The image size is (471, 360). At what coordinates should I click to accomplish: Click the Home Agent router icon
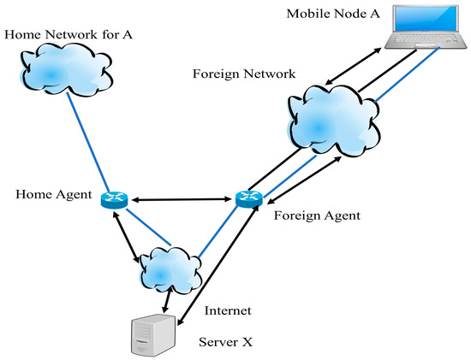coord(113,199)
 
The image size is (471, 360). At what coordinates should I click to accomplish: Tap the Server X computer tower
coord(151,333)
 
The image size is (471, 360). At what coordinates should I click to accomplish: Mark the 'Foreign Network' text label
coord(245,75)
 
